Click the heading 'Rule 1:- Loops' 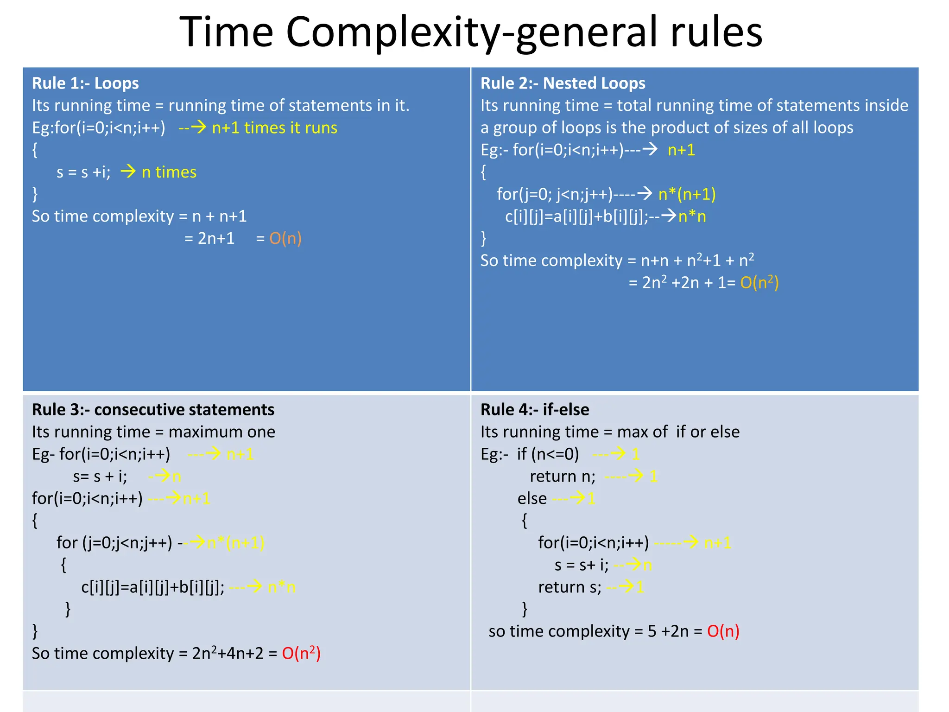click(x=85, y=83)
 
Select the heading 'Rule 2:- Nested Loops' click(x=563, y=83)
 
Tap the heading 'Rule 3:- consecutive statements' click(x=153, y=410)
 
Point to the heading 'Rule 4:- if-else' click(x=535, y=410)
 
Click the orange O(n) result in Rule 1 click(x=285, y=238)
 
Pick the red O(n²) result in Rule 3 click(x=301, y=653)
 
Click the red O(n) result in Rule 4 click(x=723, y=631)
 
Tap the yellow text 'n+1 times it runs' click(x=274, y=128)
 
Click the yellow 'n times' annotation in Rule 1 click(x=169, y=172)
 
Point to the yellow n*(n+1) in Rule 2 click(x=687, y=194)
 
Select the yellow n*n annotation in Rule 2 click(x=692, y=216)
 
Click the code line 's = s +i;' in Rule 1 click(x=83, y=172)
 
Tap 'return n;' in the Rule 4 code click(x=563, y=477)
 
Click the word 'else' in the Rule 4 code click(x=532, y=499)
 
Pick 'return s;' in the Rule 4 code click(x=569, y=587)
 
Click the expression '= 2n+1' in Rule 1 click(x=209, y=238)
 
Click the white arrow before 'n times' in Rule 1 click(x=128, y=172)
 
